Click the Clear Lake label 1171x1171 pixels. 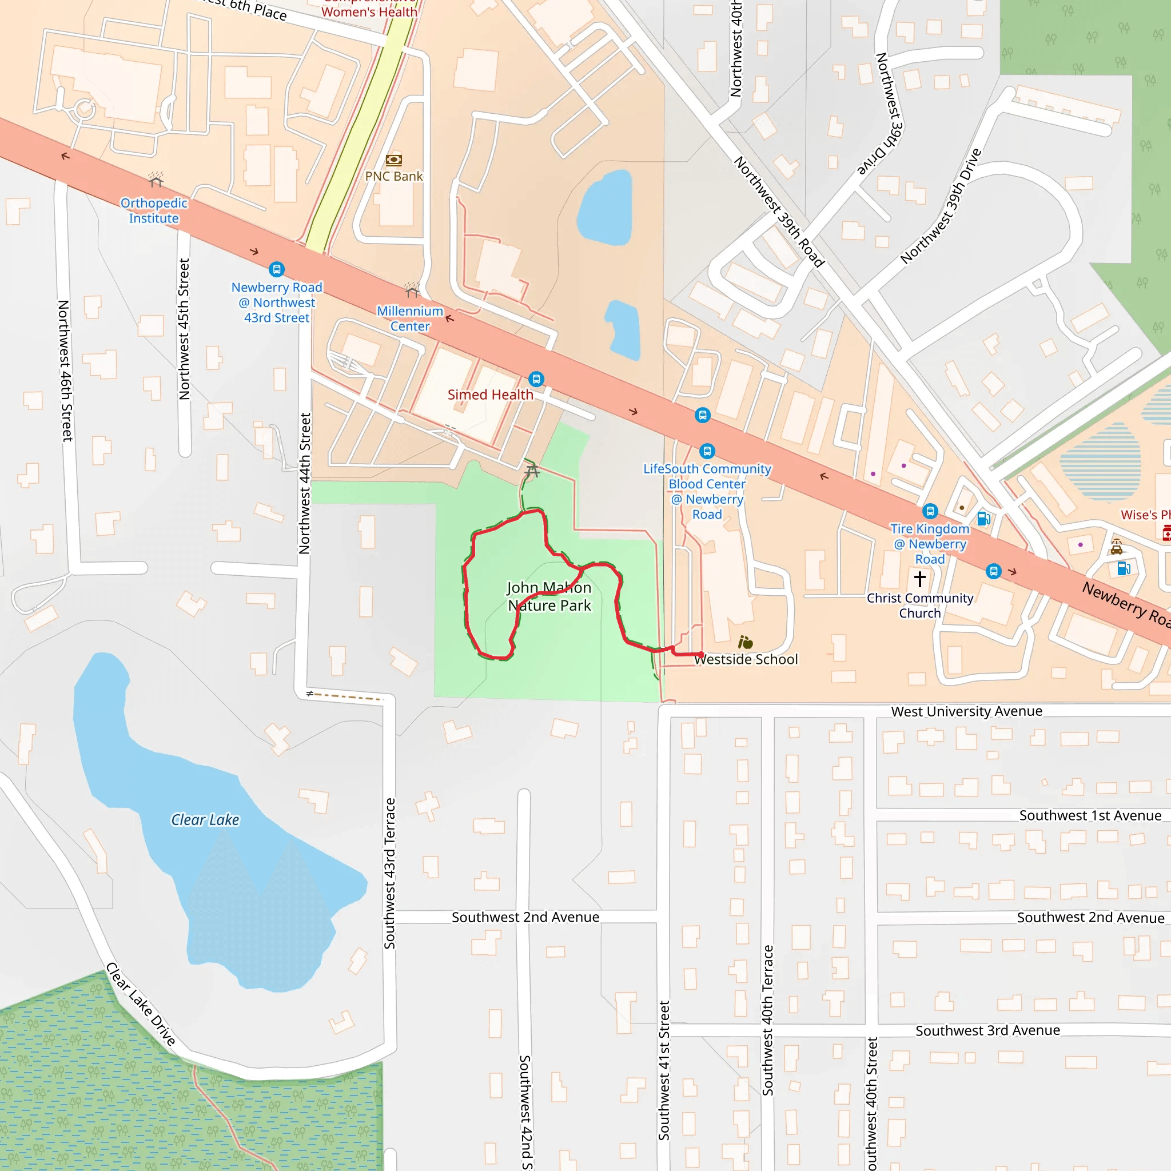205,820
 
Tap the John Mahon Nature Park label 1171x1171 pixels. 549,596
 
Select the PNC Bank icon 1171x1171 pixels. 394,160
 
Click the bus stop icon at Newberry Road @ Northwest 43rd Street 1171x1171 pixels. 276,269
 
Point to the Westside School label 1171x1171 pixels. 746,659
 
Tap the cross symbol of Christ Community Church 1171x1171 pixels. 919,579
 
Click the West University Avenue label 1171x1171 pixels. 966,711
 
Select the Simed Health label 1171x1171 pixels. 491,395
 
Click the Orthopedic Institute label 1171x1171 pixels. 154,210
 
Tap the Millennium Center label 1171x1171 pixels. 410,318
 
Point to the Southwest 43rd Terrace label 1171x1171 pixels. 390,873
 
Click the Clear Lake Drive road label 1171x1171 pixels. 141,1004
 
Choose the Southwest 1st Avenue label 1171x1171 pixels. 1090,815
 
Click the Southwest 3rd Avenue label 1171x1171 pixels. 987,1030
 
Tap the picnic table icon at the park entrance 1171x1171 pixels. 532,471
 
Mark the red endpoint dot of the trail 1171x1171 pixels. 701,655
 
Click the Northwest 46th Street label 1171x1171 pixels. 65,371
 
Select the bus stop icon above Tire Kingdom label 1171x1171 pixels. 930,511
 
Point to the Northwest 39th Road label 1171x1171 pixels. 779,212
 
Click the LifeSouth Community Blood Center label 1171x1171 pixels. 707,492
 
